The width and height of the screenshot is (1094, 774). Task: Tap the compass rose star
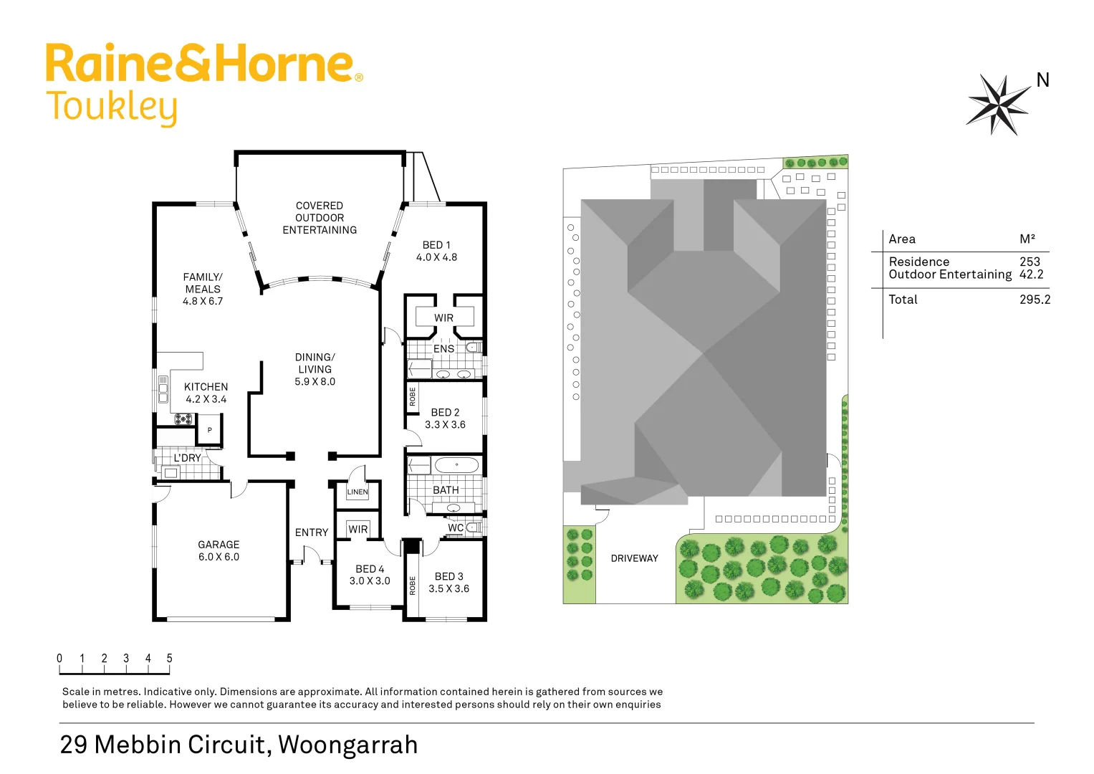tap(997, 105)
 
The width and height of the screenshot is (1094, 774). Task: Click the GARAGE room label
tap(219, 550)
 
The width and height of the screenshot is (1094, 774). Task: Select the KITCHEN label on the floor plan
tap(206, 393)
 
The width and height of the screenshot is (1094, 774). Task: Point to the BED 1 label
tap(436, 251)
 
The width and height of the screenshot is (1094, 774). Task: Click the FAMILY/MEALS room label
tap(203, 289)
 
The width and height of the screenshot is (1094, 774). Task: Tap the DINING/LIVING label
tap(315, 369)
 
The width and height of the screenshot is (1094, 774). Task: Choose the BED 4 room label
tap(370, 575)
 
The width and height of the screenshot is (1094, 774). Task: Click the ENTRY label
tap(312, 532)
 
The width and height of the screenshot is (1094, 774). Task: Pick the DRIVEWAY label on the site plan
tap(634, 558)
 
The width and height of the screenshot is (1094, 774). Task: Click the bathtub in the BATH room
tap(456, 465)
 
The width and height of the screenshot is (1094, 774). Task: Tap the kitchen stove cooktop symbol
tap(183, 419)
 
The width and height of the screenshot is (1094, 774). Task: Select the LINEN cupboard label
tap(358, 492)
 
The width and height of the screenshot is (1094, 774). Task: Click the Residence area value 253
tap(1030, 262)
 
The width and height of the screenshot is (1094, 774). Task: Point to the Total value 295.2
tap(1035, 300)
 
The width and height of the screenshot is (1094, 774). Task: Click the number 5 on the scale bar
tap(170, 658)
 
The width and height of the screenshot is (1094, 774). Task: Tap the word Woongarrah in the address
tap(347, 745)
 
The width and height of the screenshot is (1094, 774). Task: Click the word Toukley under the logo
tap(112, 107)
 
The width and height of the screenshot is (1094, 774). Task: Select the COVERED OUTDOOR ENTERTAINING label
tap(320, 218)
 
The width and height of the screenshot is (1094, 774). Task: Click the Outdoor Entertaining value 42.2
tap(1031, 274)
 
